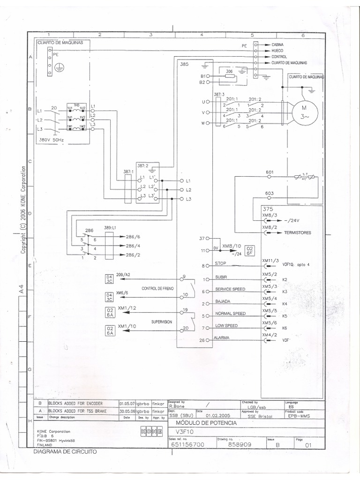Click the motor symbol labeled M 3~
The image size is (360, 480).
coord(305,112)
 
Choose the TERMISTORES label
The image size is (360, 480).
coord(297,232)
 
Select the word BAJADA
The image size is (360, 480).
coord(223,301)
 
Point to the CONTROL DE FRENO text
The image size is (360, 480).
coord(157,288)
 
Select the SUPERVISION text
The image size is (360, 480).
coord(161,322)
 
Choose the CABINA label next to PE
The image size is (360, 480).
coord(277,45)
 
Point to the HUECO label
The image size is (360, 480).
coord(277,51)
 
